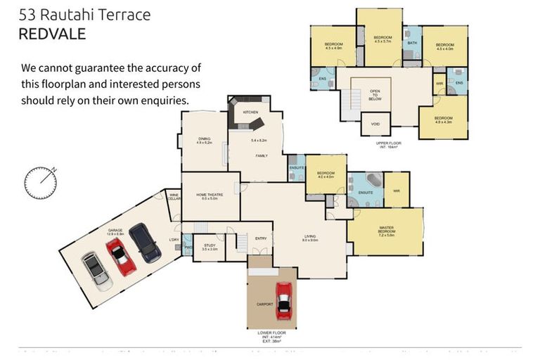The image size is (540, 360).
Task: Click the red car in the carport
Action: coord(283,300)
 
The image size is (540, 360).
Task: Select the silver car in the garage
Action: coord(96,271)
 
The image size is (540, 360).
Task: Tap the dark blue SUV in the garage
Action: coord(145,243)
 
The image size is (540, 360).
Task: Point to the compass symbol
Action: coord(41,182)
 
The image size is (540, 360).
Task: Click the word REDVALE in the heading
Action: coord(52,34)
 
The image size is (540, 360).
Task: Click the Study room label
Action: coord(209,246)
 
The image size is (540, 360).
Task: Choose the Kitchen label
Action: coord(250,112)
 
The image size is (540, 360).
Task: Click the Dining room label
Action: coord(204,139)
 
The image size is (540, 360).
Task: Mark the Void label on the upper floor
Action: coord(375,124)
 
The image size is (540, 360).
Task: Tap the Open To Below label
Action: coord(375,95)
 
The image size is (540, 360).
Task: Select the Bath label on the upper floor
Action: coord(412,44)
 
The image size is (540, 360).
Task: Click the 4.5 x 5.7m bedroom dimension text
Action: coord(382,41)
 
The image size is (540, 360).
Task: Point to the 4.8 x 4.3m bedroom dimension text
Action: coord(443,122)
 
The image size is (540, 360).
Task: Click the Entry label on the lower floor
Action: coord(260,238)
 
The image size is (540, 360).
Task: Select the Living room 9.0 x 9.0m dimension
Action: coord(310,240)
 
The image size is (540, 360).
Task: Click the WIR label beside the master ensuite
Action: coord(397,189)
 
